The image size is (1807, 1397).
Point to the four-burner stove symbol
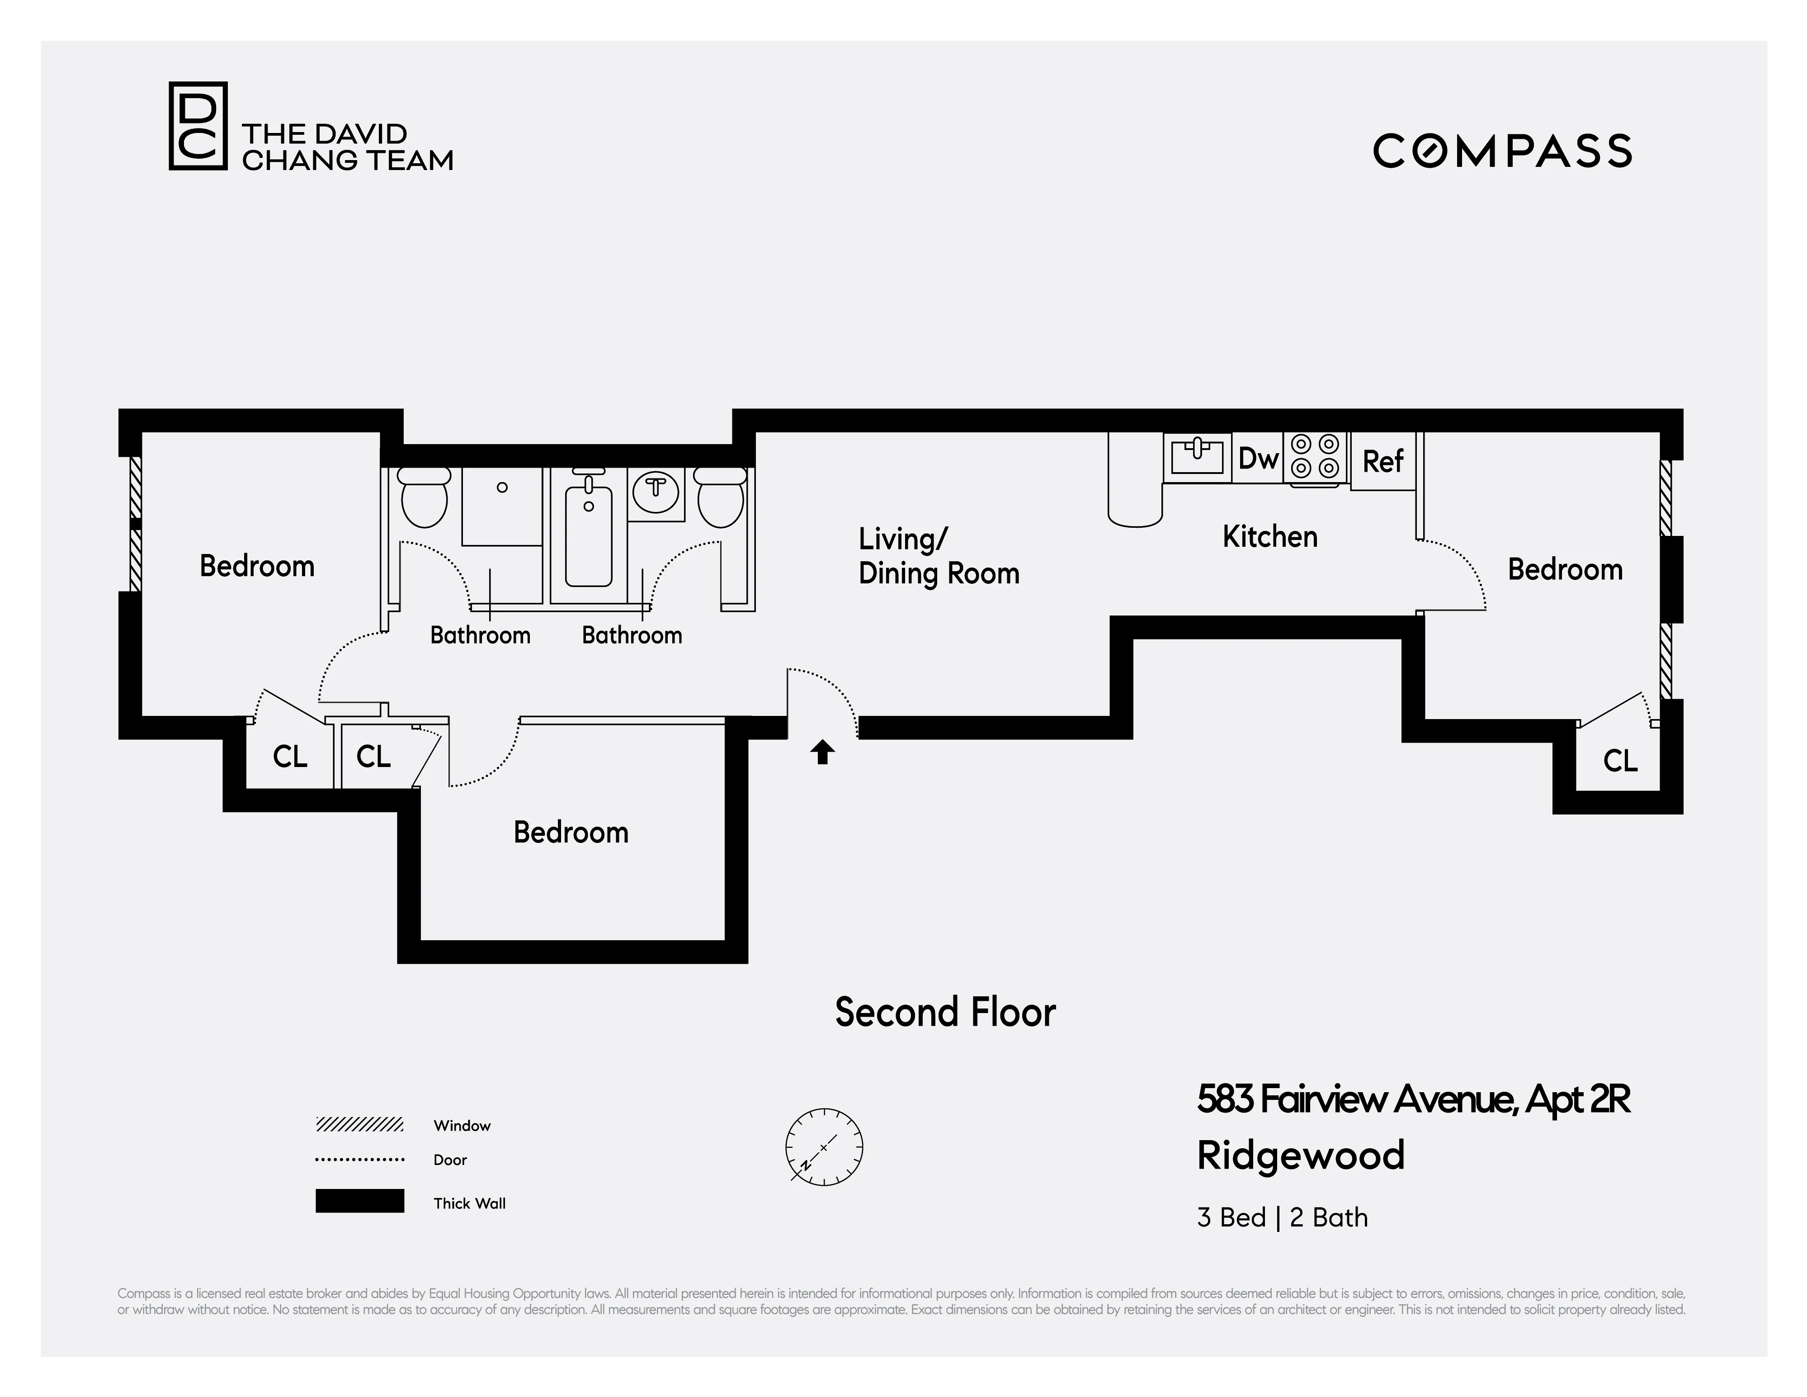coord(1315,456)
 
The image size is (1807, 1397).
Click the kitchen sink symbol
coord(1196,456)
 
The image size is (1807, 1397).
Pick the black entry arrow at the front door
coord(821,752)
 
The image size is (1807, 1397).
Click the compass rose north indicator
coord(823,1147)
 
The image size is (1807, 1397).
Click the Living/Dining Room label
coord(938,556)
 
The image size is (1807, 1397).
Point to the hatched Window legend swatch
coord(359,1125)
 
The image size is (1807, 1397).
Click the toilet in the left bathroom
coord(424,497)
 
